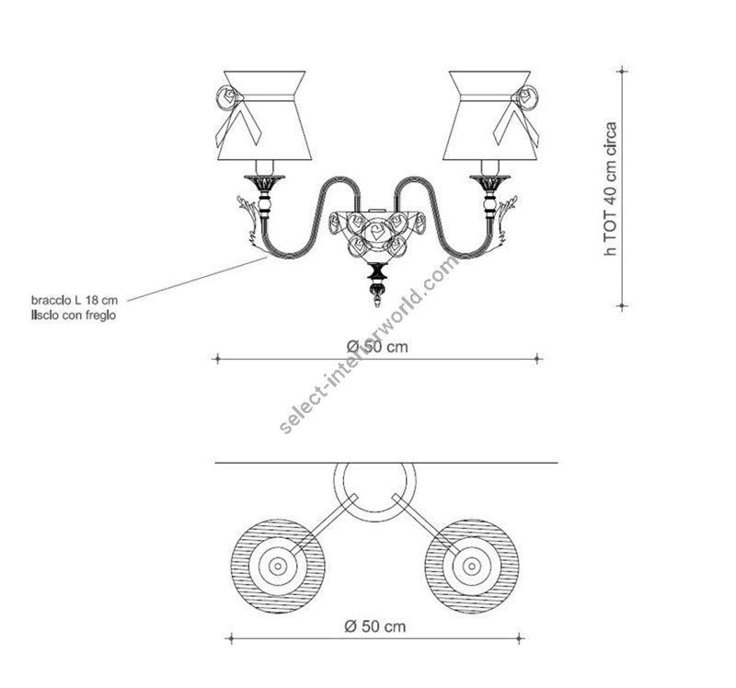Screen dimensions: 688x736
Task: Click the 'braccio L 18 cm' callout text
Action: click(74, 300)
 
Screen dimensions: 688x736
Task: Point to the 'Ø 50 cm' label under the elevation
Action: click(377, 346)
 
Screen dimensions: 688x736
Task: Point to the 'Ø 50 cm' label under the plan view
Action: click(374, 626)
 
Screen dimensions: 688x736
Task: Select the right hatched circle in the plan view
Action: click(472, 566)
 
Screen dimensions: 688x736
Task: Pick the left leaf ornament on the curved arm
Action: click(250, 220)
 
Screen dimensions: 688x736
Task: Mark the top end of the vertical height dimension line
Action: click(623, 69)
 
